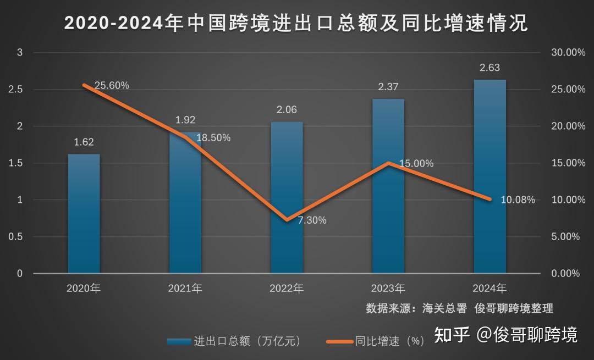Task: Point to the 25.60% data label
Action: pyautogui.click(x=112, y=86)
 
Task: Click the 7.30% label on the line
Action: pyautogui.click(x=312, y=220)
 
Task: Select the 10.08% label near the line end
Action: pyautogui.click(x=518, y=200)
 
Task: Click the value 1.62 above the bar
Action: pyautogui.click(x=84, y=142)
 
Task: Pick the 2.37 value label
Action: pyautogui.click(x=388, y=87)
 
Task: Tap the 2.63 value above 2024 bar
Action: pyautogui.click(x=490, y=68)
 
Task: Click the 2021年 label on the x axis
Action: pyautogui.click(x=185, y=288)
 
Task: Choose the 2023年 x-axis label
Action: pyautogui.click(x=388, y=288)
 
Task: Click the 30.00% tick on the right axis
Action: pyautogui.click(x=568, y=53)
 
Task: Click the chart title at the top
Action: pyautogui.click(x=296, y=23)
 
